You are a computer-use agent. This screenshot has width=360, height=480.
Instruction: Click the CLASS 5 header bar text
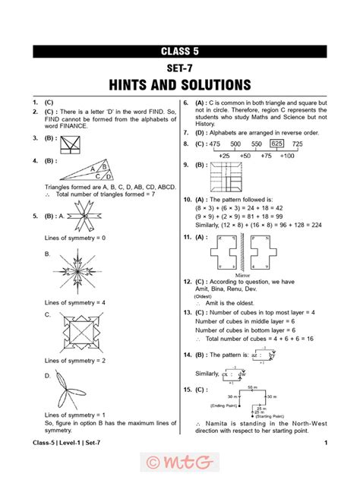[180, 52]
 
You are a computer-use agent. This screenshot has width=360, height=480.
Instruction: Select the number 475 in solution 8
[214, 144]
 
